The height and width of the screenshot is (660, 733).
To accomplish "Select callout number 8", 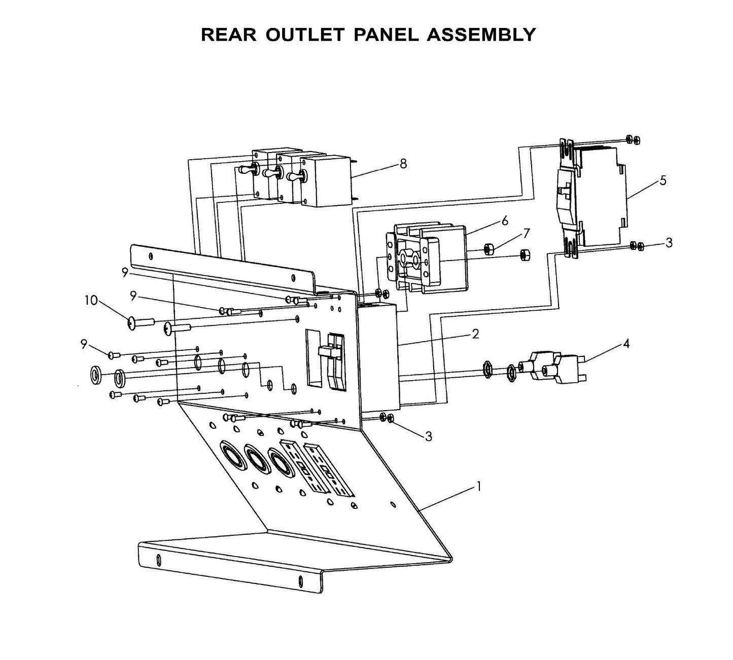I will (x=403, y=164).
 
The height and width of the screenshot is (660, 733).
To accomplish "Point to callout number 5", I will (x=663, y=180).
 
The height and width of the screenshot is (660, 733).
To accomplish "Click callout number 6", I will (x=504, y=221).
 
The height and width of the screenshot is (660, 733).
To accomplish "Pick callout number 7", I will (x=526, y=233).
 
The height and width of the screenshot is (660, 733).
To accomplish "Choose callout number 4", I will (x=626, y=344).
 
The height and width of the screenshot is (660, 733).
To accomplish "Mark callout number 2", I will (x=475, y=334).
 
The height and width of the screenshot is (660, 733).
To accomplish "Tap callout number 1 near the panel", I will (x=477, y=487).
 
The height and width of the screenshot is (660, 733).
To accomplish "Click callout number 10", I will (x=91, y=301).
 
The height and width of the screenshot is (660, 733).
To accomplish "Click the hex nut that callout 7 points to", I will (x=489, y=248).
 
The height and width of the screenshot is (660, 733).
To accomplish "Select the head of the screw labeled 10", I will (x=131, y=322).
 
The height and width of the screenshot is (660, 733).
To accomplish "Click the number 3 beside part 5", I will (x=669, y=243).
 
